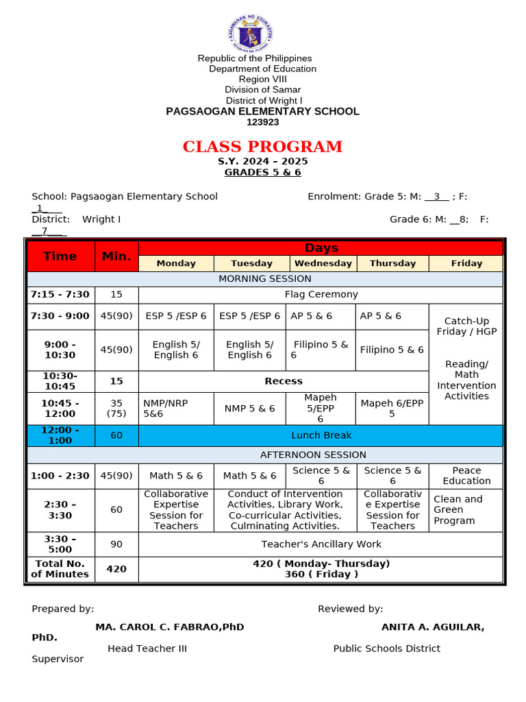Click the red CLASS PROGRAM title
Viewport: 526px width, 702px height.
[262, 147]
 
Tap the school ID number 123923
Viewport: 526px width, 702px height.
[262, 122]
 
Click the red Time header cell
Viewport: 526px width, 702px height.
[60, 256]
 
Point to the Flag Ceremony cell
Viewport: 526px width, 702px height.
[321, 295]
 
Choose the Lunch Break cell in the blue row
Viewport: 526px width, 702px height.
[321, 435]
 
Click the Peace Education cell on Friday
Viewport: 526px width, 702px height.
[466, 476]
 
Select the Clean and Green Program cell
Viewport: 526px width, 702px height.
[466, 510]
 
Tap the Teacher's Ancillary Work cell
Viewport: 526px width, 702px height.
[321, 544]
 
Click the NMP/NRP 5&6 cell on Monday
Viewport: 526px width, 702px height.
[176, 409]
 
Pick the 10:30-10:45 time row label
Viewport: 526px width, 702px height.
[60, 381]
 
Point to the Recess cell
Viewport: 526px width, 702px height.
[284, 381]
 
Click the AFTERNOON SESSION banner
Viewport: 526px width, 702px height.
[264, 455]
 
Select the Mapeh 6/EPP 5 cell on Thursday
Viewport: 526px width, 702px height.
[392, 409]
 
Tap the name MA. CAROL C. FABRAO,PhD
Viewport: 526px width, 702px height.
[170, 627]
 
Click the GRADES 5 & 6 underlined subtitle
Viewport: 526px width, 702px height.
[262, 173]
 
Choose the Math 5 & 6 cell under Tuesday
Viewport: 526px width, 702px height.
[250, 476]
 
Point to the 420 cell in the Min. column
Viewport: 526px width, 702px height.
[116, 569]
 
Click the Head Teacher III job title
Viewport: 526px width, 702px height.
[147, 649]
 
